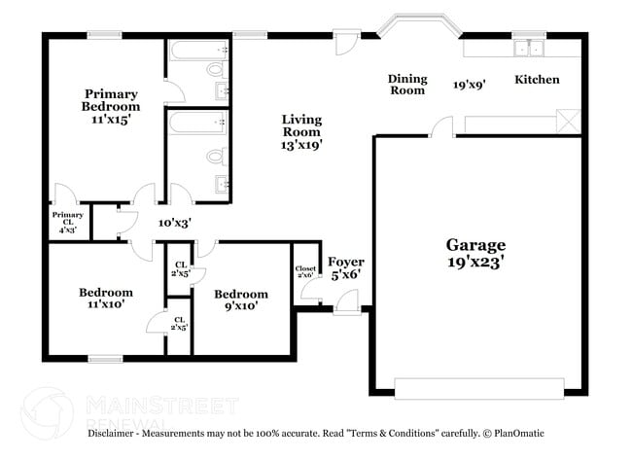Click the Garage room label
coord(476,245)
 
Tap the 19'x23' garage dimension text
coord(476,262)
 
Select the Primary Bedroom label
coord(110,101)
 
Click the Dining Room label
coord(407,85)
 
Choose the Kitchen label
coord(537,80)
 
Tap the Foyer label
coord(345,262)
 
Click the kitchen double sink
coord(531,50)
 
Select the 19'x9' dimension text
coord(469,85)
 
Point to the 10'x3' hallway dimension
coord(175,223)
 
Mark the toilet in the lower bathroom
coord(216,156)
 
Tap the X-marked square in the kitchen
coord(569,124)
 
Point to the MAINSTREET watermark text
coord(161,404)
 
